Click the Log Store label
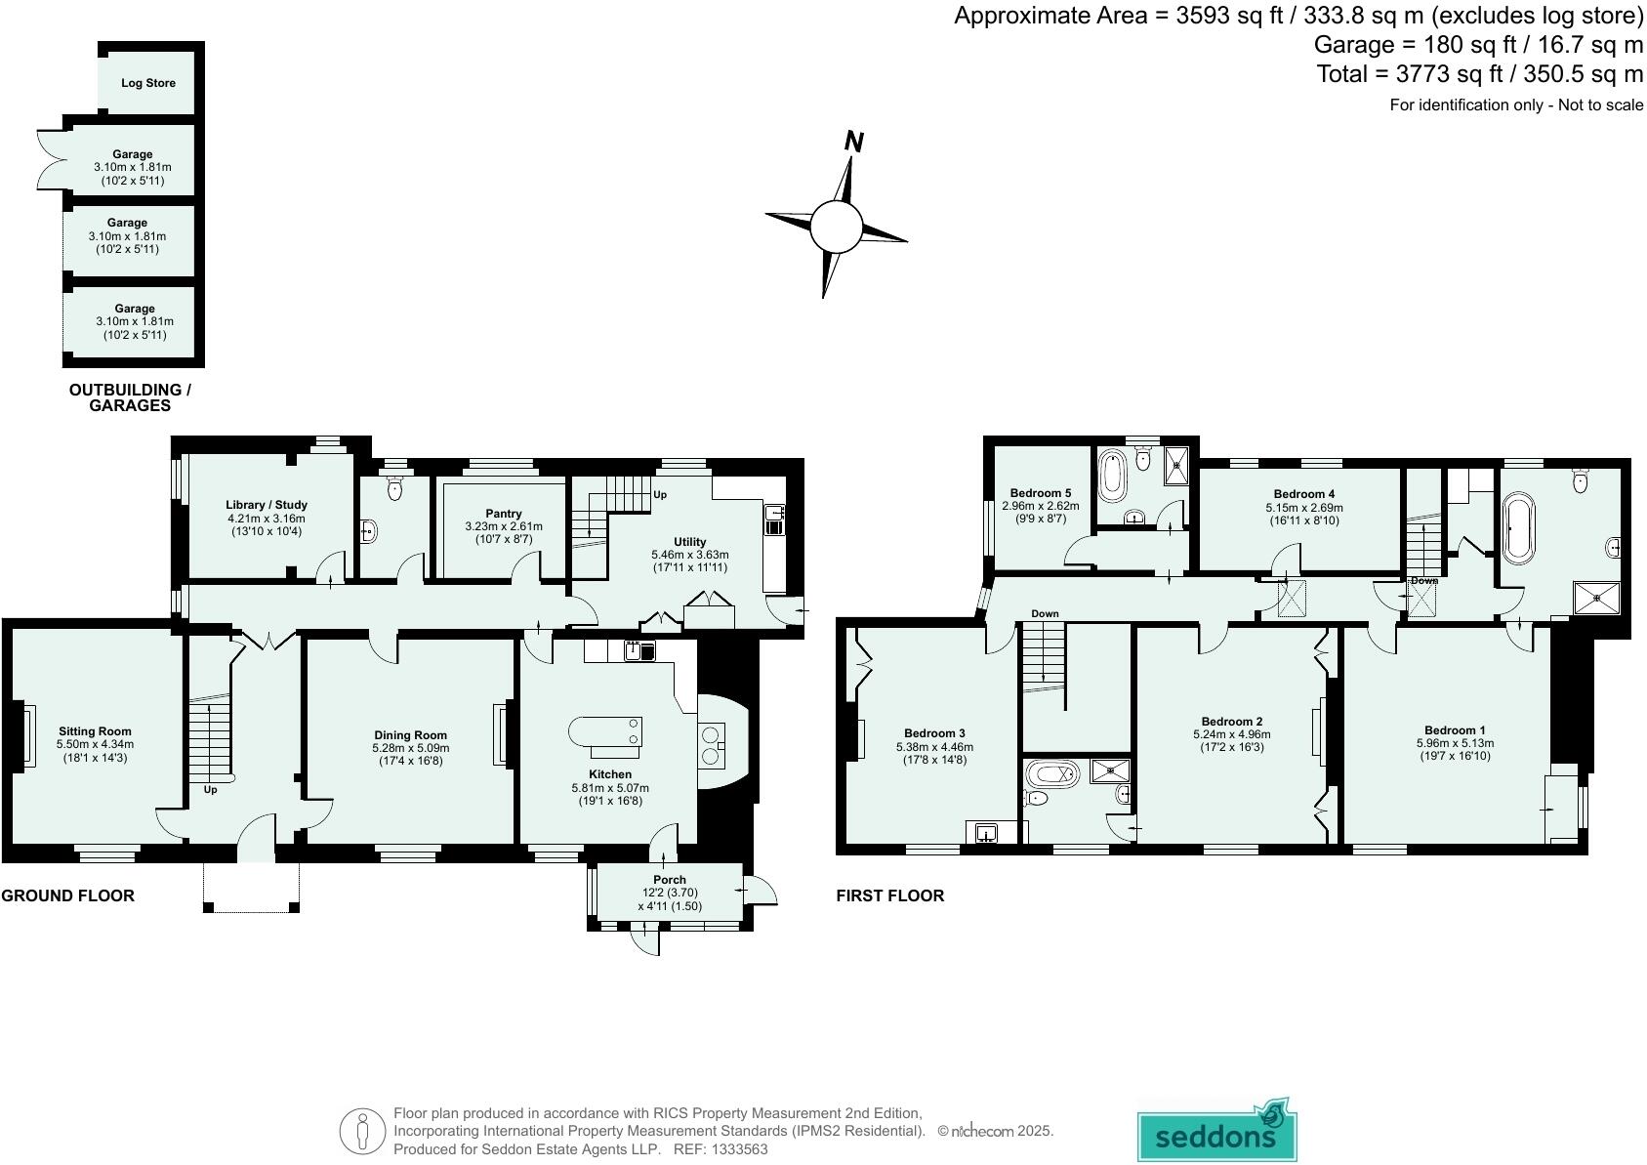[148, 83]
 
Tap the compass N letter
[853, 143]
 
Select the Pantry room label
[503, 514]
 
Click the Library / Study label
[267, 505]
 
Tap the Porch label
[670, 880]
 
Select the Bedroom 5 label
[1040, 493]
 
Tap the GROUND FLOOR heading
[67, 895]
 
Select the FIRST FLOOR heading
[889, 895]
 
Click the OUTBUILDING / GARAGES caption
[130, 397]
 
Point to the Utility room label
[689, 542]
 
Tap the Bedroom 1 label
[1454, 730]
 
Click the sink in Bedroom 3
[986, 833]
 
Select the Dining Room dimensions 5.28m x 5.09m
[410, 748]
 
